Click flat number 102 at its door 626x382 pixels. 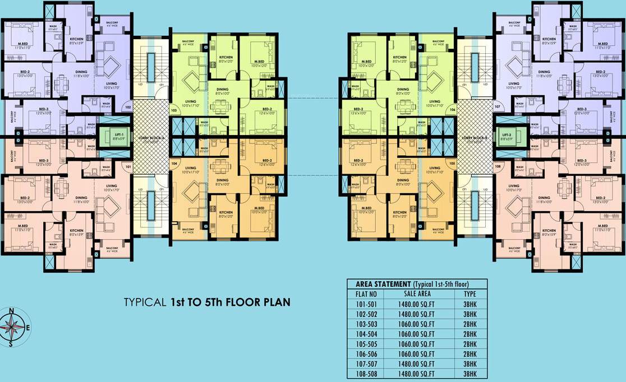pyautogui.click(x=128, y=106)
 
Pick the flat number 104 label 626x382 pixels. pyautogui.click(x=174, y=163)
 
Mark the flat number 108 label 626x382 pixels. pyautogui.click(x=497, y=167)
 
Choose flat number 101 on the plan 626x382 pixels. pyautogui.click(x=128, y=166)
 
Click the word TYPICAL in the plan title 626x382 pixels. pyautogui.click(x=145, y=302)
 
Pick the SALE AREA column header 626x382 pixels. pyautogui.click(x=417, y=293)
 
